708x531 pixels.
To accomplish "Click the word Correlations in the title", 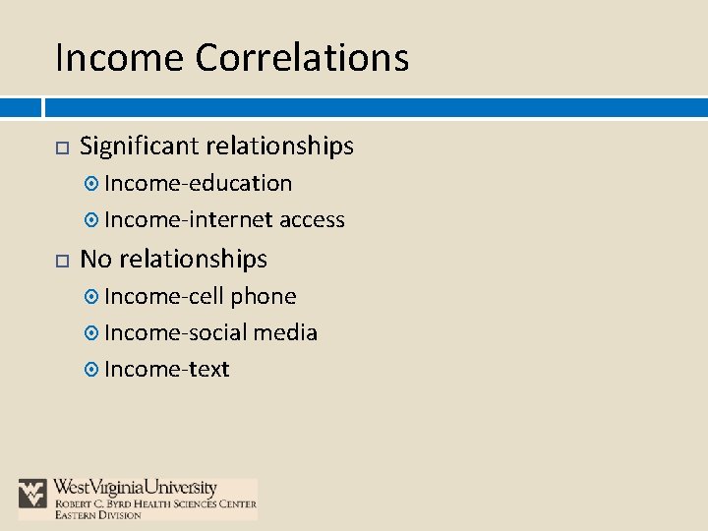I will coord(302,57).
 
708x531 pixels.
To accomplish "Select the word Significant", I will coord(139,147).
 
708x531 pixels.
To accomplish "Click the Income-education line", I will coord(198,183).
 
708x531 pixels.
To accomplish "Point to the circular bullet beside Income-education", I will coord(92,184).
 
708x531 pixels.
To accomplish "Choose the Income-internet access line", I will coord(224,219).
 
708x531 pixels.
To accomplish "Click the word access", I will coord(312,219).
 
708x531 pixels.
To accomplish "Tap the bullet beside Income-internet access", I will coord(92,220).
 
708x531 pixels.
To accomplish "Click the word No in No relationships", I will coord(94,259).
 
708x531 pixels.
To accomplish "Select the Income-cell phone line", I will coord(200,296).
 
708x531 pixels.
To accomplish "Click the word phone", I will coord(264,296).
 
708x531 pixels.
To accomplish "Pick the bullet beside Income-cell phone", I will coord(92,297).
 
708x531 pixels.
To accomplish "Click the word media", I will coord(285,332).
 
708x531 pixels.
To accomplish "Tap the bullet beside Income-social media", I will coord(92,333).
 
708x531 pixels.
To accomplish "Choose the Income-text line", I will coord(166,369).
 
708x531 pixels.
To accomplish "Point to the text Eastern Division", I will coord(98,514).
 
